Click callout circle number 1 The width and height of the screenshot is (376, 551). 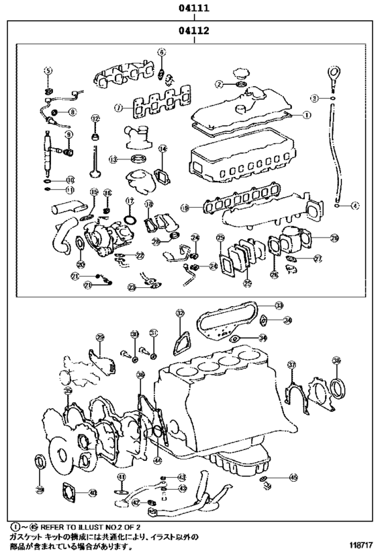[308, 115]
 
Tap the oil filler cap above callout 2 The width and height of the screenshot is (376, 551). [241, 73]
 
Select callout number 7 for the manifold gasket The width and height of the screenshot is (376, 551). [118, 107]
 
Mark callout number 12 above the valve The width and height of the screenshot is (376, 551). [95, 118]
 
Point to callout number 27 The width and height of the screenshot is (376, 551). [318, 258]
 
